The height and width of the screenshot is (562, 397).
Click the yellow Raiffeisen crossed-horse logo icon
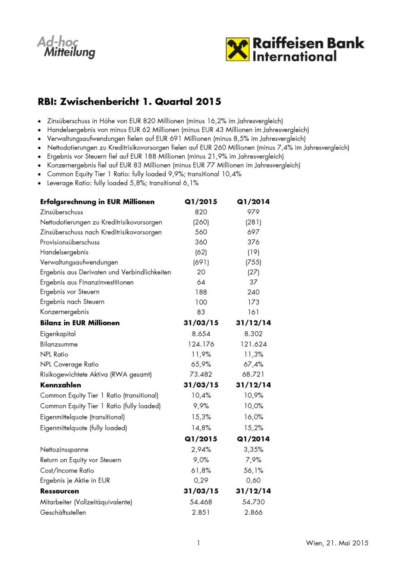(x=237, y=49)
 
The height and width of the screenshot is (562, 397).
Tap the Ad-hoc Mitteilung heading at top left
(x=66, y=47)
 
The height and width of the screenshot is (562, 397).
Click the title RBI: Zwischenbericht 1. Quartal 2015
(x=129, y=102)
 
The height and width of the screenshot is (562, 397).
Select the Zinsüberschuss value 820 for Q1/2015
(x=201, y=212)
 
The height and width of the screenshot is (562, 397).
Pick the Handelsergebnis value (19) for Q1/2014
(x=253, y=252)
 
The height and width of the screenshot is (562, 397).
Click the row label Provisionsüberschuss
(x=70, y=242)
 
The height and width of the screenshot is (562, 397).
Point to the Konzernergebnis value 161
(x=253, y=312)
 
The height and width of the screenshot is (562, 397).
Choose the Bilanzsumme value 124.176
(x=201, y=344)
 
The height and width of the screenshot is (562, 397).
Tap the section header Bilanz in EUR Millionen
(x=80, y=323)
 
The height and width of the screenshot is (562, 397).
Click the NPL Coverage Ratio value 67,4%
(x=253, y=364)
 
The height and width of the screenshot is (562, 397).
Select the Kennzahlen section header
(x=61, y=385)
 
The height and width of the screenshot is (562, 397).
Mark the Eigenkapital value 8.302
(x=253, y=334)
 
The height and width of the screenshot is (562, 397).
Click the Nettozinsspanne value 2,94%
(x=201, y=450)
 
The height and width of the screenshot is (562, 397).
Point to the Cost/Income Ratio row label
(x=67, y=471)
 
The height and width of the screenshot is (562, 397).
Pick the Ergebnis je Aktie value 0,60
(x=253, y=480)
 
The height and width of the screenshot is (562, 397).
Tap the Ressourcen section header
(x=60, y=491)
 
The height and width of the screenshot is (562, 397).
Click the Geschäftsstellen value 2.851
(x=201, y=512)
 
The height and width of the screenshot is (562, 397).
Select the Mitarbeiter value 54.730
(x=253, y=502)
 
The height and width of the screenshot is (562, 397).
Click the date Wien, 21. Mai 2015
(x=337, y=543)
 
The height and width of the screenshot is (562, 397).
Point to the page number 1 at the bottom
(x=198, y=543)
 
